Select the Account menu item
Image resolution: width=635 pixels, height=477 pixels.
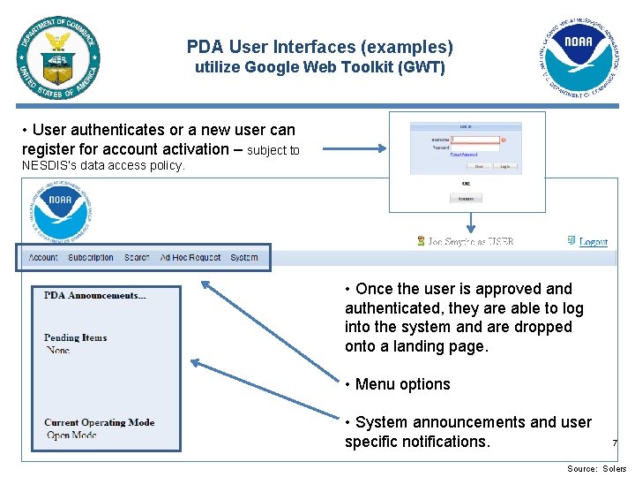(x=43, y=258)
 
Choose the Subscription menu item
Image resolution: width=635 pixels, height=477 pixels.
(x=91, y=258)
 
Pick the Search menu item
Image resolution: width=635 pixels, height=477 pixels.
(x=137, y=258)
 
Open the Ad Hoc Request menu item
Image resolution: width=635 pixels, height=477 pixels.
(x=190, y=258)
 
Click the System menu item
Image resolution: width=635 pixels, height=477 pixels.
(x=244, y=258)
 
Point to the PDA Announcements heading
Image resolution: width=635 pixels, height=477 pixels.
(x=94, y=296)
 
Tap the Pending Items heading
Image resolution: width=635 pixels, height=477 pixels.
(x=75, y=337)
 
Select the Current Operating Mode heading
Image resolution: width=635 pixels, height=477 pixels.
(x=99, y=422)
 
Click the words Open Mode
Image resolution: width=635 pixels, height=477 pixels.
(x=71, y=435)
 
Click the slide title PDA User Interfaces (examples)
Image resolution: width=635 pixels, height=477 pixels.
(x=319, y=47)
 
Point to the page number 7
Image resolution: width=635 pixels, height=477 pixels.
(x=615, y=443)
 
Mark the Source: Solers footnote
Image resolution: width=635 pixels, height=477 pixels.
(x=596, y=469)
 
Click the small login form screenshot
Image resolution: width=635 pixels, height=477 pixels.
(x=467, y=161)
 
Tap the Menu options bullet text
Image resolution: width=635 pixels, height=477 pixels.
(x=402, y=384)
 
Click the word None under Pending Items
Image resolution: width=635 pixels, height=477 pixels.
(x=58, y=350)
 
